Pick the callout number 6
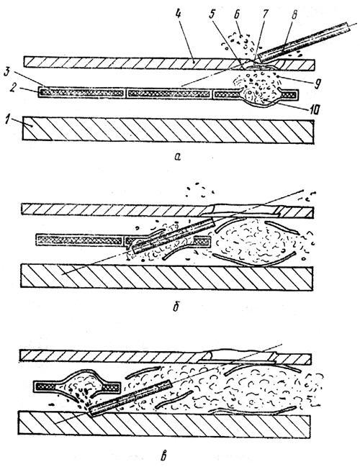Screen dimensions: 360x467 pos(237,15)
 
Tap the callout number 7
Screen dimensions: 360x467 pos(265,14)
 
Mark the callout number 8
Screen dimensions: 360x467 pos(294,14)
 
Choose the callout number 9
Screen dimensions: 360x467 pos(317,83)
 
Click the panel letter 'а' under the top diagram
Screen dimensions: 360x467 pos(177,157)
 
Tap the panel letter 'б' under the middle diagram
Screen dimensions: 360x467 pos(176,307)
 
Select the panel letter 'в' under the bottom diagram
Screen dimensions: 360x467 pos(163,455)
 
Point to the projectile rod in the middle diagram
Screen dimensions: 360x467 pos(174,235)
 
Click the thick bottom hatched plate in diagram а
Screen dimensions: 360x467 pos(168,130)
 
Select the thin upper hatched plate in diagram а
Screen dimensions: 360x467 pos(169,63)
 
